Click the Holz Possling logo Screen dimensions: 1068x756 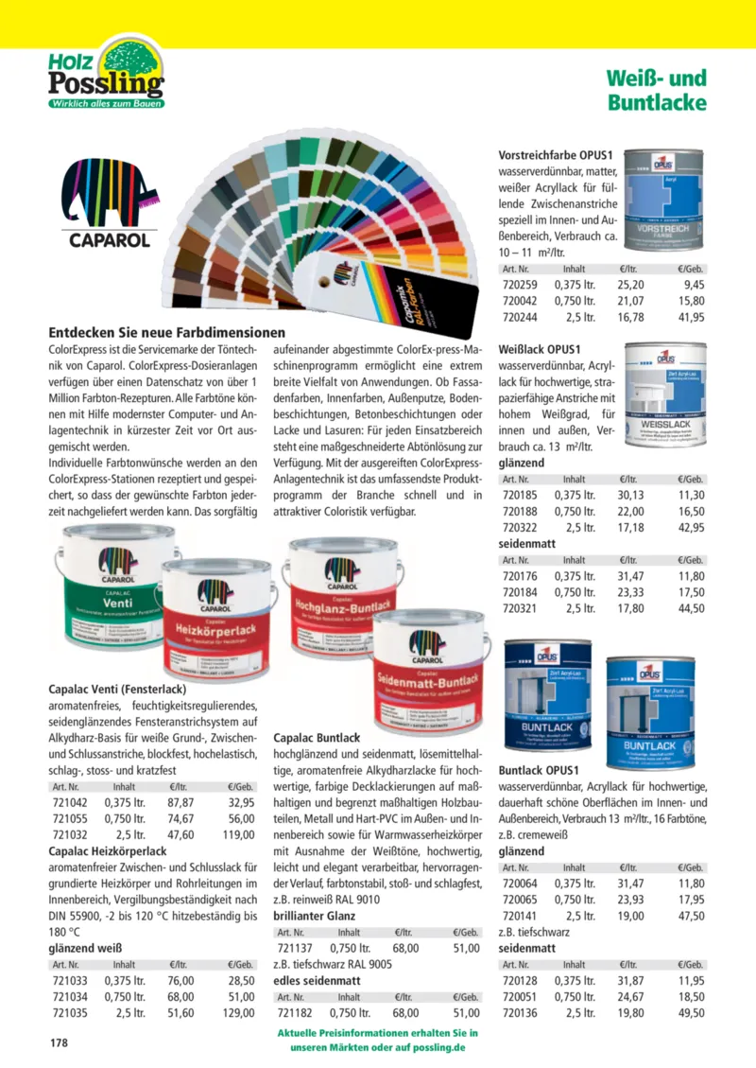coord(106,72)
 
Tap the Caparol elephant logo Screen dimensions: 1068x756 coord(110,202)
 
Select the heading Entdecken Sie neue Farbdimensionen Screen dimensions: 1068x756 coord(166,333)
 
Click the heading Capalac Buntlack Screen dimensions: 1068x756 coord(317,737)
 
